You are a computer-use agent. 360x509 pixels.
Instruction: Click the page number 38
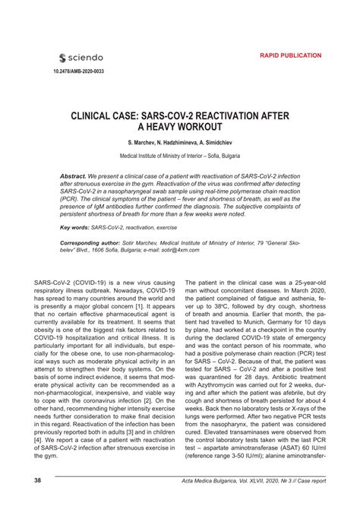point(37,481)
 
